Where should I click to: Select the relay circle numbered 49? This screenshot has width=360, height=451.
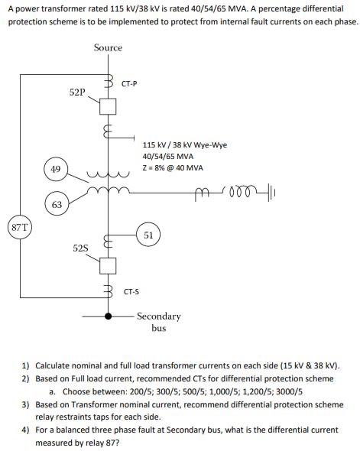55,167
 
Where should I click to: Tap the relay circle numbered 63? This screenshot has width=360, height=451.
57,204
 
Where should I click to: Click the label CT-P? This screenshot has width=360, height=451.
129,83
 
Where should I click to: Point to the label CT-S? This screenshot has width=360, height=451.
131,291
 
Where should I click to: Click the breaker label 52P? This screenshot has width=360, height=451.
77,92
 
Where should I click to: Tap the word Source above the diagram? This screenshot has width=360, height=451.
108,47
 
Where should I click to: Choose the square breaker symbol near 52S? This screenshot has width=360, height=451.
108,264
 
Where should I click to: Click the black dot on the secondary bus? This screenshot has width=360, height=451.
108,315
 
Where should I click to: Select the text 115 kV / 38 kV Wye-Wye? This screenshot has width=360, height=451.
185,144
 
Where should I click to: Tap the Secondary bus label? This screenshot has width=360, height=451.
159,322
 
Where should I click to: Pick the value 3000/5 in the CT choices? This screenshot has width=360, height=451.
288,391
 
